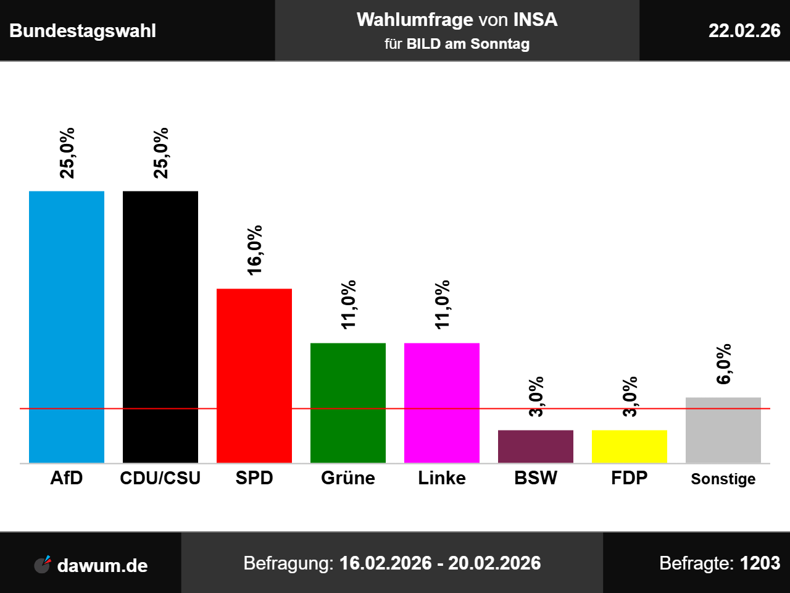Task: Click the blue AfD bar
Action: [x=67, y=327]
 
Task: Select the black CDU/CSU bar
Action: [x=160, y=327]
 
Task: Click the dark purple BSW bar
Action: [x=536, y=446]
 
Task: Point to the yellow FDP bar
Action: [x=630, y=446]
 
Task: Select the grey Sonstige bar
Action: [x=723, y=430]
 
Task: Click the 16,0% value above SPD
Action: [x=254, y=250]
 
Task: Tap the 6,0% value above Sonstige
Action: [x=723, y=364]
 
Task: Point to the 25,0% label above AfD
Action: [x=67, y=153]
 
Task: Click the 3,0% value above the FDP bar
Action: [x=630, y=397]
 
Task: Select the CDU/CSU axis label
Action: [x=160, y=478]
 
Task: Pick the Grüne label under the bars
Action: [x=348, y=478]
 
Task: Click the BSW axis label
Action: [x=536, y=478]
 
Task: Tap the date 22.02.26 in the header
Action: [x=744, y=31]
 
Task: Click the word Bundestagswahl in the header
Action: [x=83, y=31]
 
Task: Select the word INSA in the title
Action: [x=535, y=20]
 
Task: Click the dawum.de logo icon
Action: [x=43, y=565]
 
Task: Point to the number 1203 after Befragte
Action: [x=760, y=563]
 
